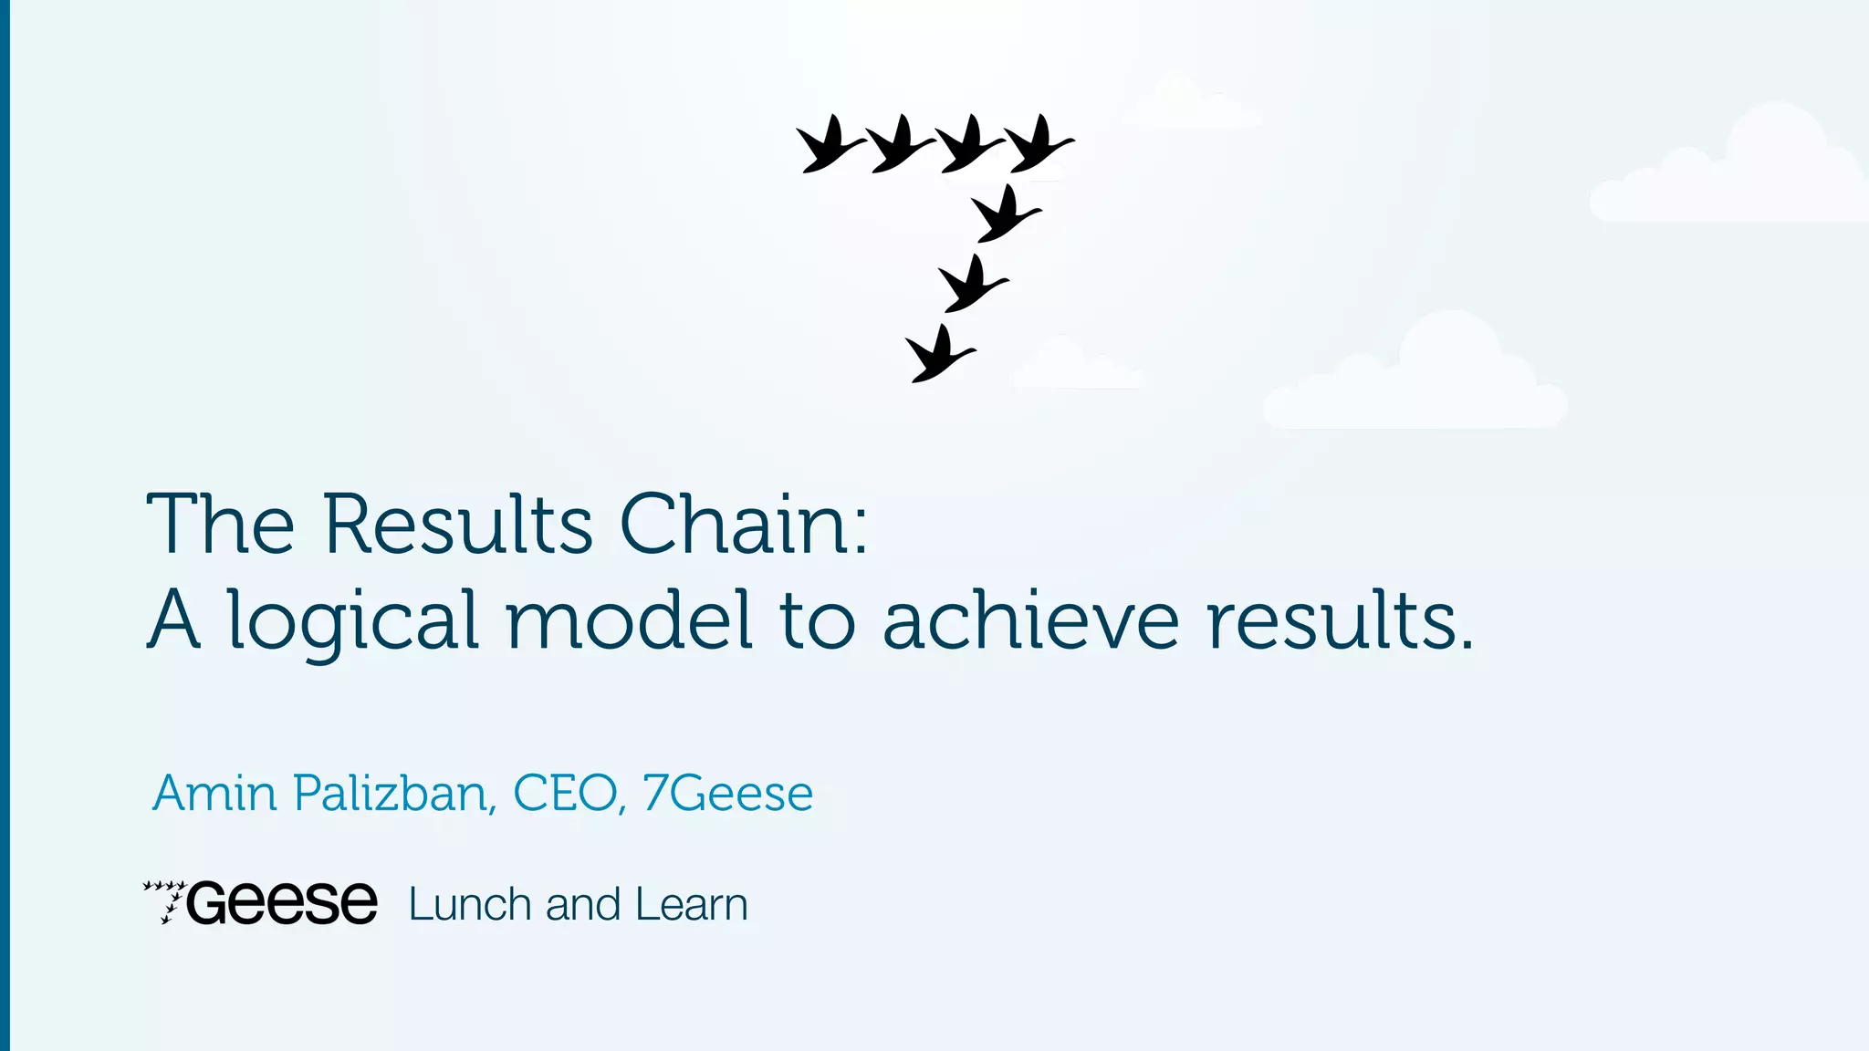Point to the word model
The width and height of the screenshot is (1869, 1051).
630,620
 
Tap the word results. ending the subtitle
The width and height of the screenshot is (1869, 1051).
1340,620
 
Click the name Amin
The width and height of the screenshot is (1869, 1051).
214,793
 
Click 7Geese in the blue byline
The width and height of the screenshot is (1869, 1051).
727,793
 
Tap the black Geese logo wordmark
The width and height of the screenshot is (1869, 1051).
282,903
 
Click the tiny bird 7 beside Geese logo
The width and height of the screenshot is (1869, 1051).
165,901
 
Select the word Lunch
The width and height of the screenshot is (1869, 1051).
470,904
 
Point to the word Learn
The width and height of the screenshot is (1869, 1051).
691,904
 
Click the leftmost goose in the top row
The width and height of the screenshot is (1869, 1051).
829,145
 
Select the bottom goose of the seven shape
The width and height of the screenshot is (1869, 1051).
938,355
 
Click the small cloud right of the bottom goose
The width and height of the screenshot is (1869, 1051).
1075,367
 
